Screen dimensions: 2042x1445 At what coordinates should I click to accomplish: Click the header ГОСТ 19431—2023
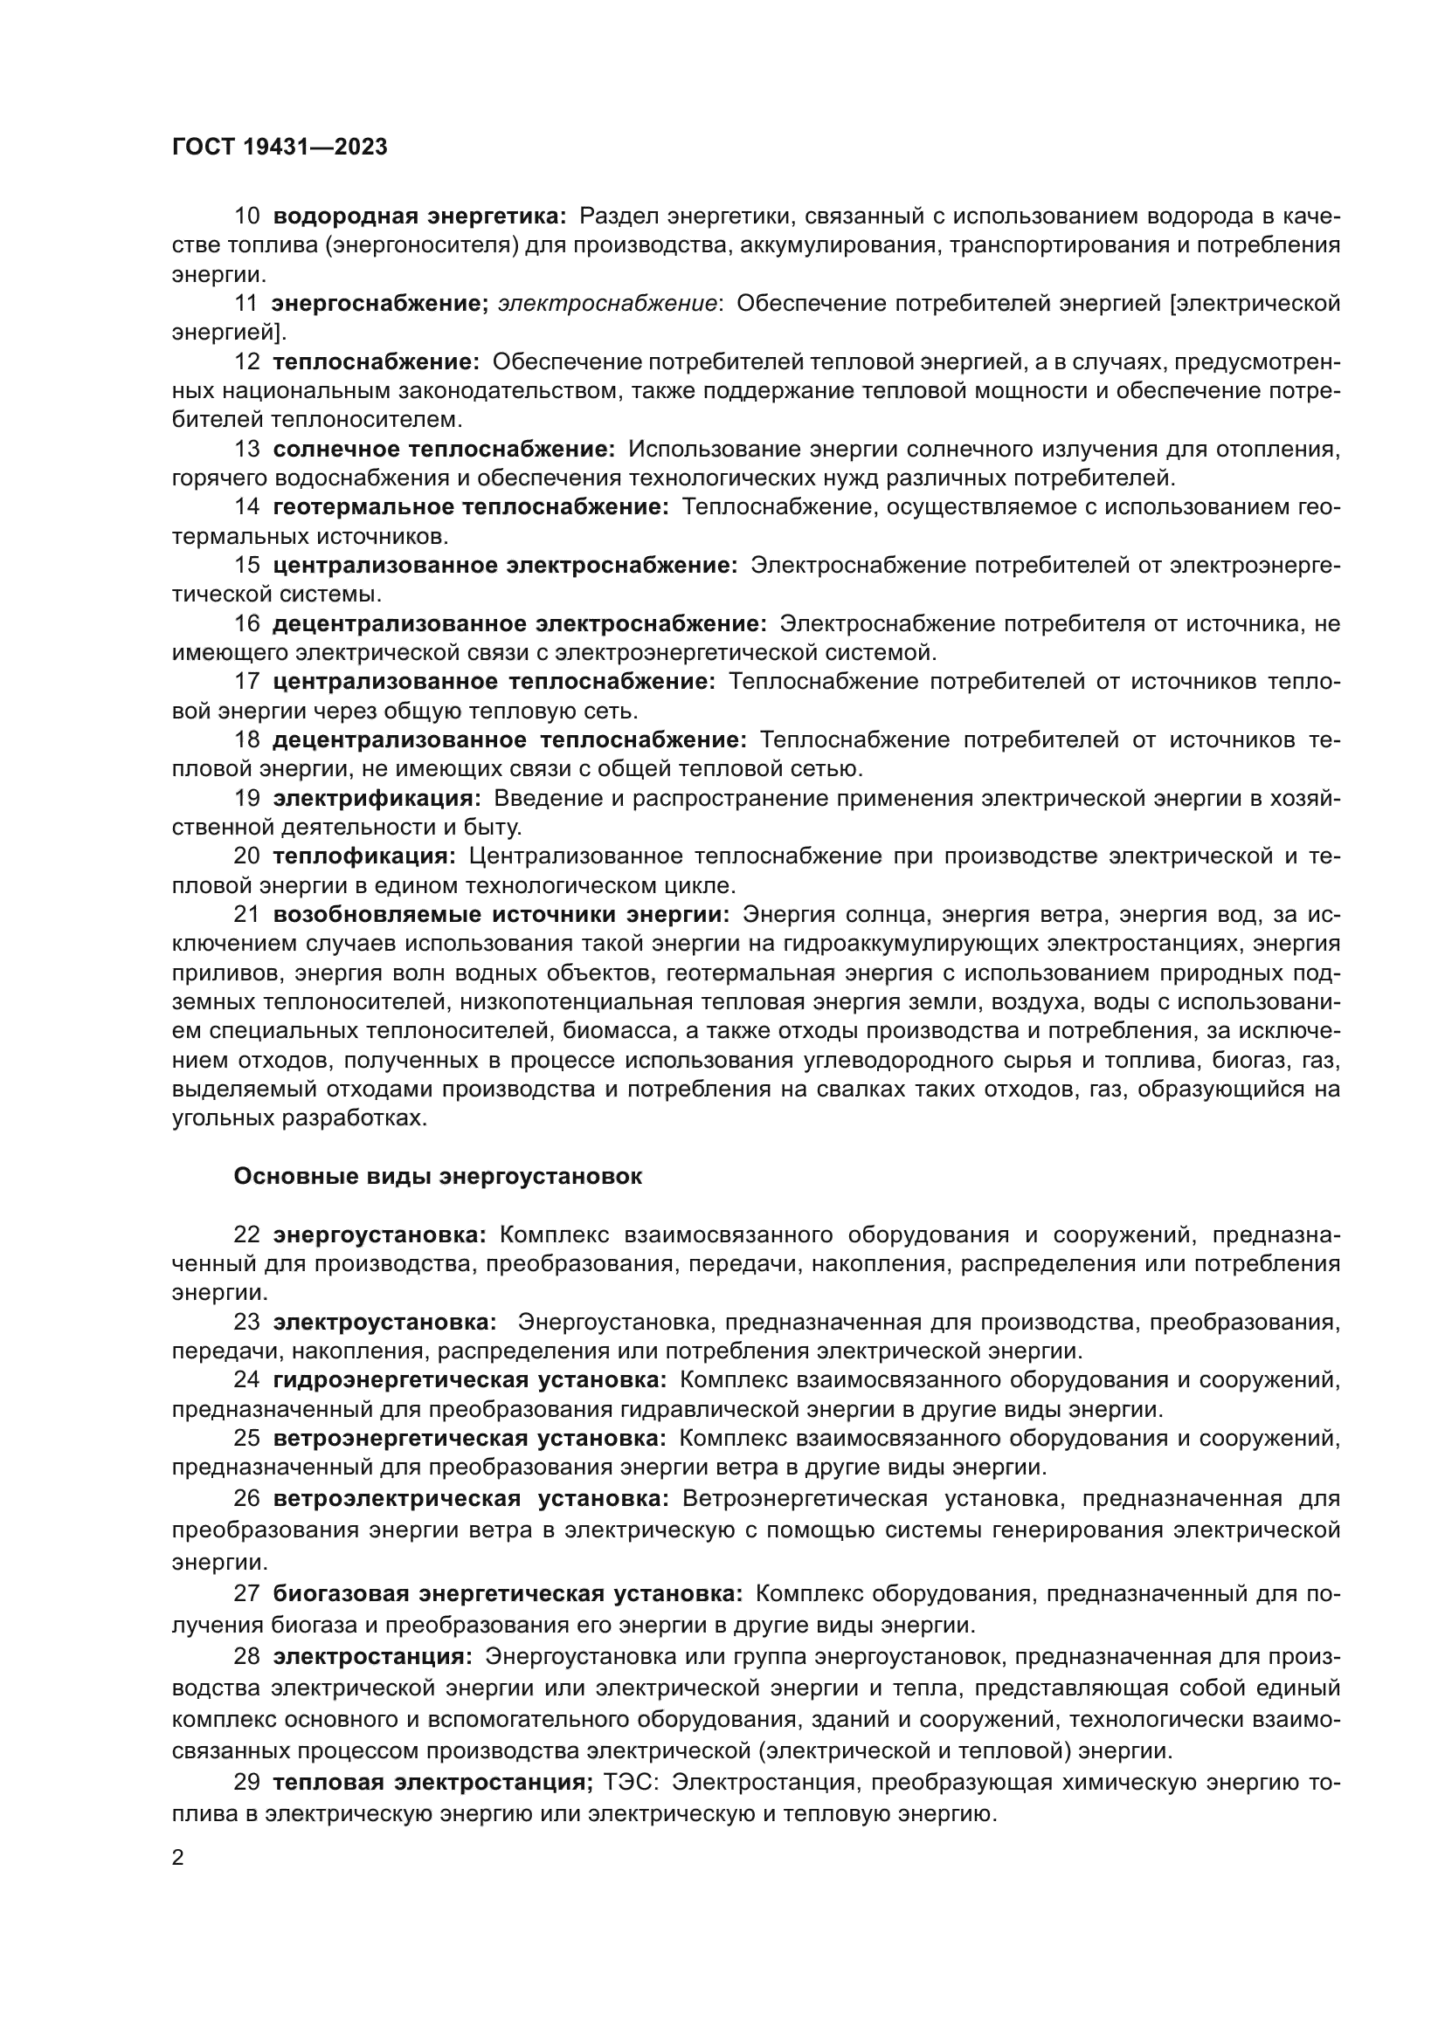[x=280, y=148]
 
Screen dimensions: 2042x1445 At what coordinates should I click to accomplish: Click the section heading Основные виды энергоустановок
[x=437, y=1176]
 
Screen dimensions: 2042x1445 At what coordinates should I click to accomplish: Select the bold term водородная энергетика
[x=419, y=217]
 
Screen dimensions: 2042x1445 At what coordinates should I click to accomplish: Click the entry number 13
[x=246, y=449]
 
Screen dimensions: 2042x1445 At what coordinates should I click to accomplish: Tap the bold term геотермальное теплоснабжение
[x=471, y=507]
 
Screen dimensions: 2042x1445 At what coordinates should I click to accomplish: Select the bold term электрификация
[x=377, y=798]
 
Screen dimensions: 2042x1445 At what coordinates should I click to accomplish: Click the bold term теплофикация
[x=364, y=856]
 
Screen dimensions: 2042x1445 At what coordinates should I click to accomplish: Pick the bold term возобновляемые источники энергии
[x=501, y=914]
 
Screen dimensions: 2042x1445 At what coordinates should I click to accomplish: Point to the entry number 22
[x=246, y=1234]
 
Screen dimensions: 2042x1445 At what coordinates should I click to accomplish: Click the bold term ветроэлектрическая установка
[x=471, y=1499]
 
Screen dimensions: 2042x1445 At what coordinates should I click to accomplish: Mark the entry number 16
[x=246, y=623]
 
